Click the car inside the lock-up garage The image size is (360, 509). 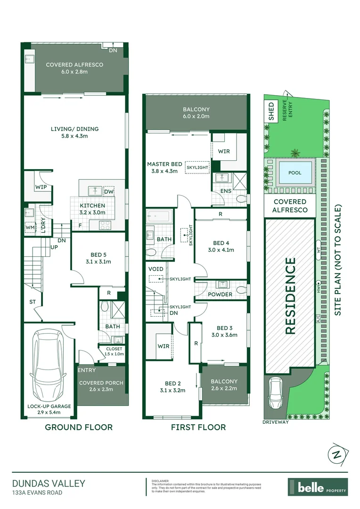(48, 363)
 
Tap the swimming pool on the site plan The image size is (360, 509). (295, 173)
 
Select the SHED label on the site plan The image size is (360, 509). (271, 112)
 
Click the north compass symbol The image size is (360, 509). (337, 455)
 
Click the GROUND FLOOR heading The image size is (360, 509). (79, 427)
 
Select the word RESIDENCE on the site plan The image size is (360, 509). (290, 296)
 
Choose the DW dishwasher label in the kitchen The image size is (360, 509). (108, 192)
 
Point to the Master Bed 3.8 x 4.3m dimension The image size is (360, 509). (164, 171)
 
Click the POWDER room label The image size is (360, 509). (220, 295)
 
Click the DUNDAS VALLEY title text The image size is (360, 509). (49, 483)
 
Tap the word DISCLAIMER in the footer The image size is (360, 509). (160, 481)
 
